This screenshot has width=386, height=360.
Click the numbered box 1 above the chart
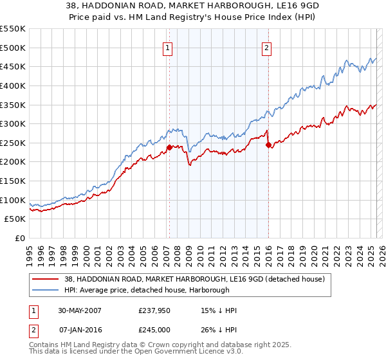(167, 46)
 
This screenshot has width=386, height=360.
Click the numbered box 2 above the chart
(266, 46)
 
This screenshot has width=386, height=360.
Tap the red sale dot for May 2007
(169, 147)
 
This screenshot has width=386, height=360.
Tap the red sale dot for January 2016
(268, 145)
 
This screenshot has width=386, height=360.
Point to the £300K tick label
(13, 123)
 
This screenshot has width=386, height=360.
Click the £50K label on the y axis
(15, 219)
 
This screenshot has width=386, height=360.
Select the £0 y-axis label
(19, 239)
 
